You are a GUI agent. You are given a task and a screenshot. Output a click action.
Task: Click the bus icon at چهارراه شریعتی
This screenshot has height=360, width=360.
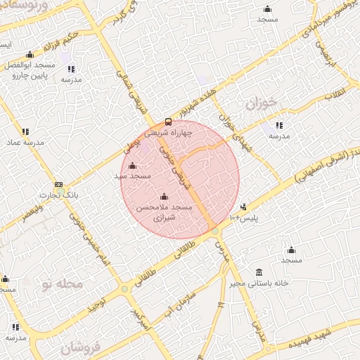point(167,121)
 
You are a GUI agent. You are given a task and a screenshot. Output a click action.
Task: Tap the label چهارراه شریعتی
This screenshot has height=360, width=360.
point(167,131)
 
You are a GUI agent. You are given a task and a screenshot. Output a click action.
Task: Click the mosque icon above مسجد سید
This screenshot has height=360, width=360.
point(133,166)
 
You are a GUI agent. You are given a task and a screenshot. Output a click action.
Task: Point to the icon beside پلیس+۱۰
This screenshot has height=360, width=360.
point(243,207)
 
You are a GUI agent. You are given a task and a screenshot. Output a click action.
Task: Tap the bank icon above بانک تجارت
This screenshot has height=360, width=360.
point(58,185)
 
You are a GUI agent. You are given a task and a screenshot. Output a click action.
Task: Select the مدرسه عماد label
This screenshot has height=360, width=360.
point(25,142)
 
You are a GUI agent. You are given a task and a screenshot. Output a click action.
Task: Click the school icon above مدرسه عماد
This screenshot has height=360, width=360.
point(25,131)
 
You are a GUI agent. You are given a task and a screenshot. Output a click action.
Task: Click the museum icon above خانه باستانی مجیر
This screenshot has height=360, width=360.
point(259,273)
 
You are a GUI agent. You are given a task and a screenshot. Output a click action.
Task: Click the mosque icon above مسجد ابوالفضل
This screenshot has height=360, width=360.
point(30,55)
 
